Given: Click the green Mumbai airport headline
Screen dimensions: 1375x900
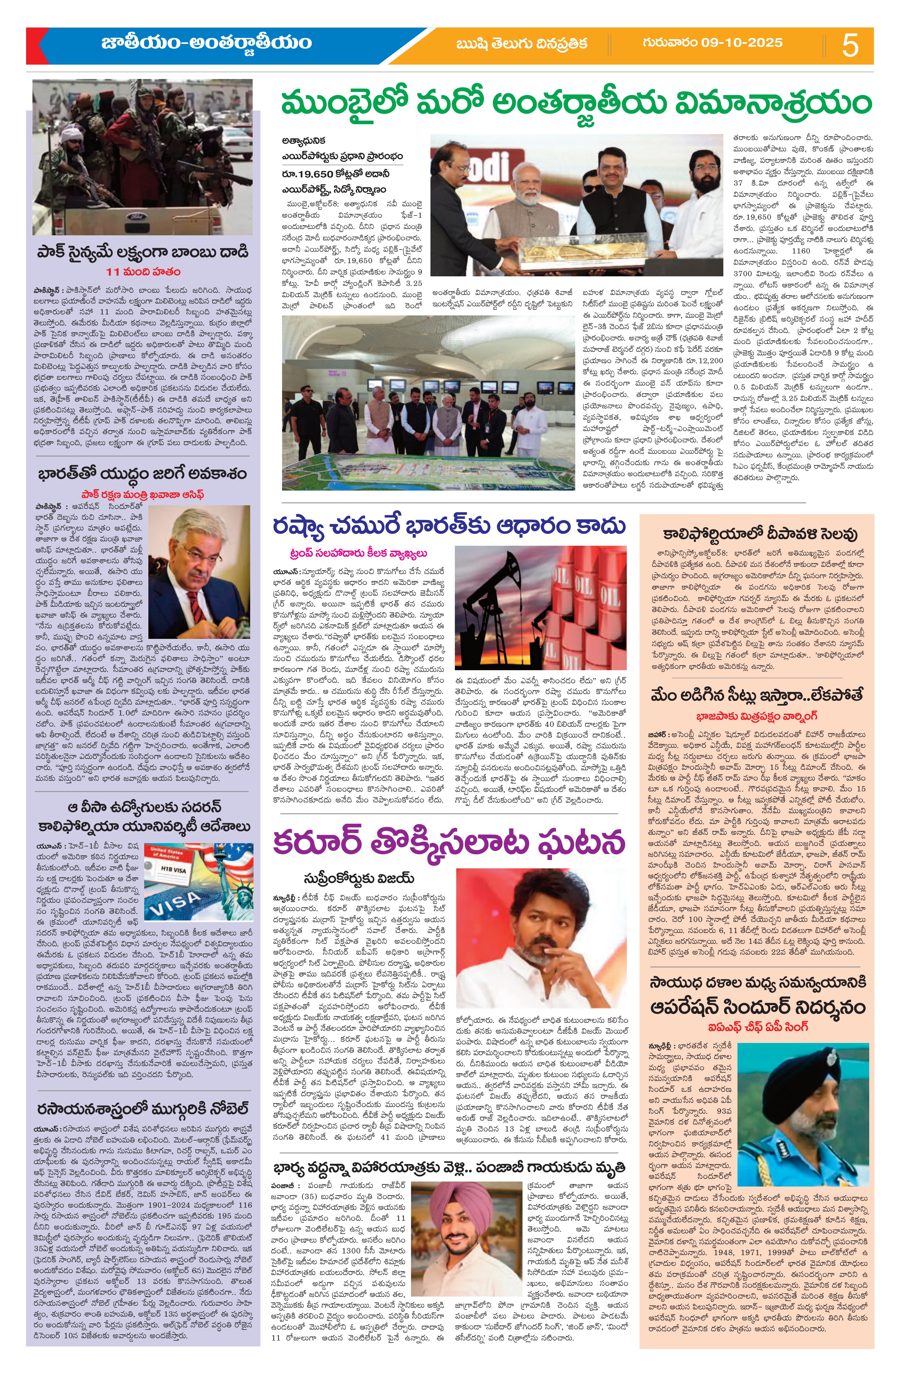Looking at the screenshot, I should tap(575, 104).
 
